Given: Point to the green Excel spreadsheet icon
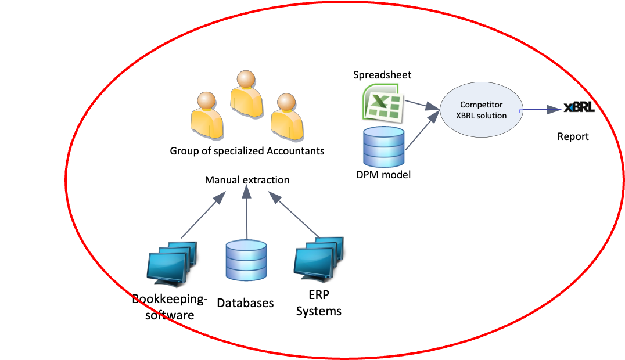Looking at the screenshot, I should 383,103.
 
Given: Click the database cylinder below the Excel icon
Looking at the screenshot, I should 383,147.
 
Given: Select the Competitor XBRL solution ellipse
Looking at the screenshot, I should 482,110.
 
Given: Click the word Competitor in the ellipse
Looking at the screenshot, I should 482,105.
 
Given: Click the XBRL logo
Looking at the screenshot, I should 579,109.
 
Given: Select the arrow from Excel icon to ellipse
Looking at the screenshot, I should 422,105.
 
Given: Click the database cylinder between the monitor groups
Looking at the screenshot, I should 246,260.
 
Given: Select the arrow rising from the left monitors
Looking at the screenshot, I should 203,214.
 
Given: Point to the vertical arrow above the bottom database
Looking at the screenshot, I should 247,211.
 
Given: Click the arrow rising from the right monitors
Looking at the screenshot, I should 294,214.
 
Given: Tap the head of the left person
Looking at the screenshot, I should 206,100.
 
